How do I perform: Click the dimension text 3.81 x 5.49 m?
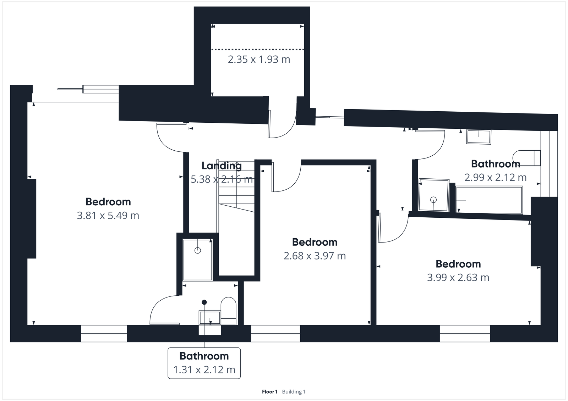tap(108, 216)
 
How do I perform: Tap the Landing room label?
tap(222, 166)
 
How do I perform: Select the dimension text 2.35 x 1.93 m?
tap(259, 60)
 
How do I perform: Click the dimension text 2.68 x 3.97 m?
tap(315, 256)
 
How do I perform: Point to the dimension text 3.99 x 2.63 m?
tap(458, 278)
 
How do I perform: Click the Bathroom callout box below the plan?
tap(204, 363)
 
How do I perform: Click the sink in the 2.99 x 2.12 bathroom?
tap(479, 137)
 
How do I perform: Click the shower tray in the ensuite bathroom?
tap(197, 260)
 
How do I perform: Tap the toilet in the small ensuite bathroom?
tap(229, 311)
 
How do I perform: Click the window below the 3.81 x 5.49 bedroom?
tap(104, 333)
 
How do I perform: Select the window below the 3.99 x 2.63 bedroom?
tap(465, 333)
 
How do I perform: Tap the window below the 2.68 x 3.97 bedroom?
tap(275, 333)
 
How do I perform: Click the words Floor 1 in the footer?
tap(269, 392)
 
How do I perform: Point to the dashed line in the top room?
tap(258, 49)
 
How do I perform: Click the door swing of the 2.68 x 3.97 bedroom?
tap(286, 179)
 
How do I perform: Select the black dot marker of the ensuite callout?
tap(204, 302)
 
